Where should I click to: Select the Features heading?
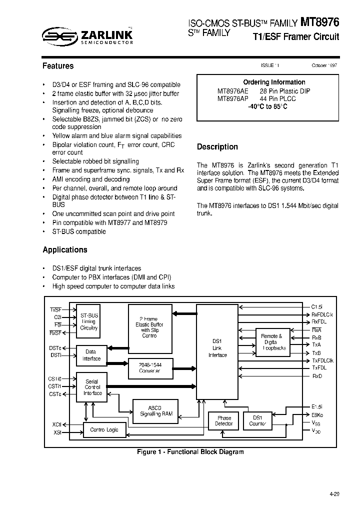58,66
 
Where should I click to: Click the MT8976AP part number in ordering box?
232,99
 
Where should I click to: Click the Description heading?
217,146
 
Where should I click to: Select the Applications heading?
65,249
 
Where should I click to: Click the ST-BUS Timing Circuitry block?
89,322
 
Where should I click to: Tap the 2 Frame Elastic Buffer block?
149,328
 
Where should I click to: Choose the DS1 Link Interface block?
217,348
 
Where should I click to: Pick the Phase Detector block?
223,420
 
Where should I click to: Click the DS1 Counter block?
257,420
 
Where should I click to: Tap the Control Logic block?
104,429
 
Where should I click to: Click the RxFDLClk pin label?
322,314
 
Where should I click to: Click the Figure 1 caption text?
190,452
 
